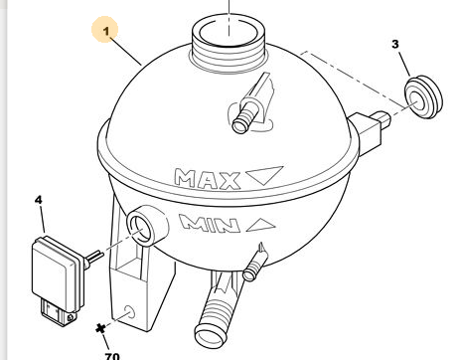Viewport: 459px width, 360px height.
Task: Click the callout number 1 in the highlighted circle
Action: click(x=106, y=32)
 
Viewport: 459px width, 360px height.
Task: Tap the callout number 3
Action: click(x=395, y=44)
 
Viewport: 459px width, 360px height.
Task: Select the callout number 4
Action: click(x=39, y=200)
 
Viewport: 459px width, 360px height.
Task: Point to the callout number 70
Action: click(x=112, y=356)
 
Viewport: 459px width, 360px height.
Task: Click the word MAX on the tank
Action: click(x=208, y=179)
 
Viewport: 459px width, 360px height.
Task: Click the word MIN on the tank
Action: click(x=210, y=224)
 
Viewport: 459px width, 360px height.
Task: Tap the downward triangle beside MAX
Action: click(x=264, y=175)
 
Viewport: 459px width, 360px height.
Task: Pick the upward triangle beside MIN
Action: click(x=261, y=225)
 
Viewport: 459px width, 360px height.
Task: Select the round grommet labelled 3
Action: click(x=423, y=96)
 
